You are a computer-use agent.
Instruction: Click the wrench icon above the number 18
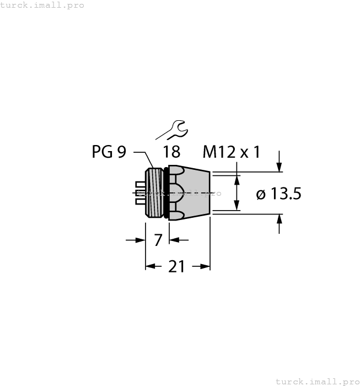point(171,131)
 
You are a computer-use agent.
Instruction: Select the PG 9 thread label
point(109,152)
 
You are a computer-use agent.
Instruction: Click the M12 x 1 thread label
point(231,152)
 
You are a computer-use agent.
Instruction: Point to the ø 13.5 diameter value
point(278,194)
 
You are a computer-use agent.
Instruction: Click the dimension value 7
point(158,240)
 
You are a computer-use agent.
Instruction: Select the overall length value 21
point(176,267)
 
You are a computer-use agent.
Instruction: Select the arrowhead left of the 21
point(151,267)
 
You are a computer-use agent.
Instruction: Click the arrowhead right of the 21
point(205,267)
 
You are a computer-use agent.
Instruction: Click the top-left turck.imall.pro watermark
point(42,5)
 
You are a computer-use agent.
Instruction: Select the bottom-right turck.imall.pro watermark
point(316,381)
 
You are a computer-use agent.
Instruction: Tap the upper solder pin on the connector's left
point(141,184)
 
